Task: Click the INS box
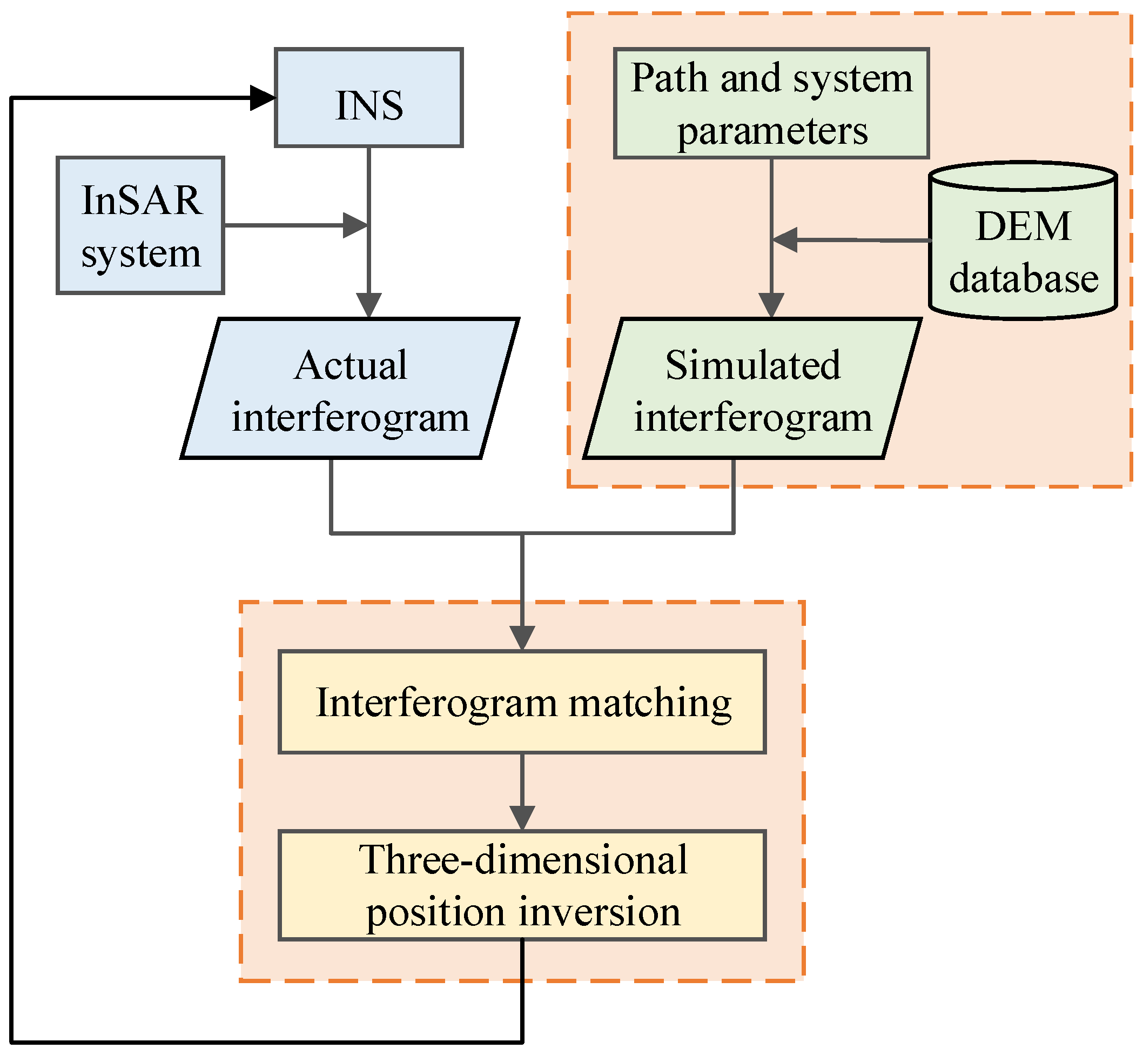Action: click(x=368, y=98)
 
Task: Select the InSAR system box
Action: click(x=140, y=225)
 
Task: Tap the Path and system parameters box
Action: click(x=771, y=103)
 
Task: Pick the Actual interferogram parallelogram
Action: click(x=350, y=389)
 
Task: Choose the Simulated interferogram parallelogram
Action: click(x=752, y=389)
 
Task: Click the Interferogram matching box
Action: click(x=522, y=702)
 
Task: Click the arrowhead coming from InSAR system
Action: click(x=355, y=225)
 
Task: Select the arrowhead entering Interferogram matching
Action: click(x=522, y=637)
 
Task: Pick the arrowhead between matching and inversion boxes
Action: click(x=522, y=818)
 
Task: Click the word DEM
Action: click(x=1023, y=226)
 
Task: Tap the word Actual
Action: click(x=351, y=365)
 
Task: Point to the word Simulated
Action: click(x=752, y=365)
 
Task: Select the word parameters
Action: click(x=772, y=131)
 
